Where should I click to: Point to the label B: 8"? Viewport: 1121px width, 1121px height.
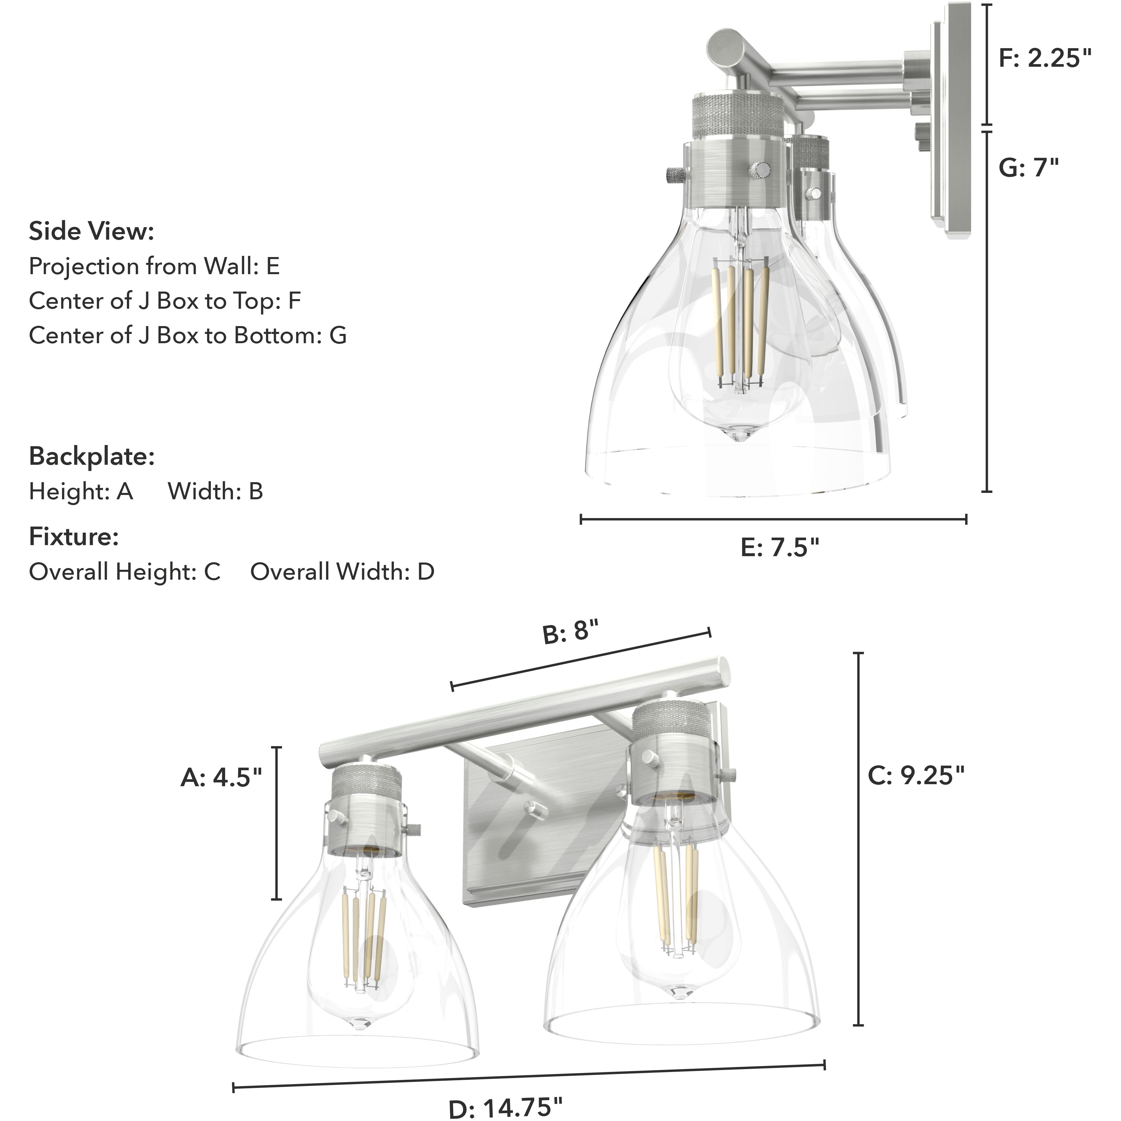click(x=570, y=632)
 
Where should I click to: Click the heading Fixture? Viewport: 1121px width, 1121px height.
click(x=74, y=537)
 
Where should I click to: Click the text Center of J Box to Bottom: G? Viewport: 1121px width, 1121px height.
click(x=187, y=335)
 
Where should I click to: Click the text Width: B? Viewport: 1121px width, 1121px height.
click(x=215, y=491)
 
